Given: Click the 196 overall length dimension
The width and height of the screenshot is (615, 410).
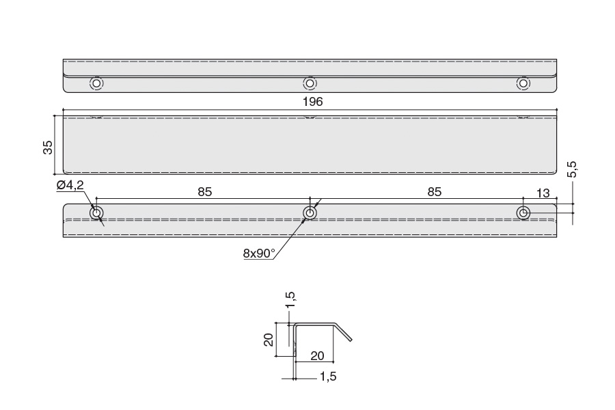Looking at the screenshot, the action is pyautogui.click(x=312, y=102).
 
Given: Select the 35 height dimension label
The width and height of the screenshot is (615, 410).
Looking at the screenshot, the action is pyautogui.click(x=47, y=147).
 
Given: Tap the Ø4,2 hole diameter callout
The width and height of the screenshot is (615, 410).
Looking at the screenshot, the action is pyautogui.click(x=70, y=185).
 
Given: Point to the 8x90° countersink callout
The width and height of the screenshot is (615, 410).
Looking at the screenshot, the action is pyautogui.click(x=259, y=254).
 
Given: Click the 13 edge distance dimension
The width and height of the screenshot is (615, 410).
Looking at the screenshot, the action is pyautogui.click(x=543, y=193).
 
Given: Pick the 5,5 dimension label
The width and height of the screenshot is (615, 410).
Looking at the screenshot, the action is pyautogui.click(x=572, y=169).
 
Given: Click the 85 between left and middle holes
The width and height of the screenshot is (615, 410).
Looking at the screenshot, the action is pyautogui.click(x=205, y=192).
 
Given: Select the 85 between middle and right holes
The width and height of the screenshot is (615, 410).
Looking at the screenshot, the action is pyautogui.click(x=435, y=192).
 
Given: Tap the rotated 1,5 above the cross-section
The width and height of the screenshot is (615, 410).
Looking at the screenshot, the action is pyautogui.click(x=290, y=300).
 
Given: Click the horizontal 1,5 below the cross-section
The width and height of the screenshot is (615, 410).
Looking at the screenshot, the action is pyautogui.click(x=328, y=377).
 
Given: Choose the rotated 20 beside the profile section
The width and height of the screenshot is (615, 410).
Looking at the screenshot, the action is pyautogui.click(x=269, y=340).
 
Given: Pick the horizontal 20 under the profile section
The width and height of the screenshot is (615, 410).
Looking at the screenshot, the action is pyautogui.click(x=317, y=356).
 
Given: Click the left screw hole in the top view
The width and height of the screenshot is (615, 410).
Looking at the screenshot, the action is pyautogui.click(x=96, y=83).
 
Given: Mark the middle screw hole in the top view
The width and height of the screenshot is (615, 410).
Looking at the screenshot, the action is pyautogui.click(x=310, y=83).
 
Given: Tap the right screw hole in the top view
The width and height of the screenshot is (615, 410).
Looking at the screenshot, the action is pyautogui.click(x=523, y=83).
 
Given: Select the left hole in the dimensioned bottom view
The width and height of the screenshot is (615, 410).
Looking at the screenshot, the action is pyautogui.click(x=96, y=213).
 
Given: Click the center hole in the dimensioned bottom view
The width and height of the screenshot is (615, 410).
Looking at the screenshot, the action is pyautogui.click(x=310, y=213).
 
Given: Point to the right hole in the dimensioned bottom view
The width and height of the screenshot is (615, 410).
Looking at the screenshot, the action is pyautogui.click(x=523, y=213).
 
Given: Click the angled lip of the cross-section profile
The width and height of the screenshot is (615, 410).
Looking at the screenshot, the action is pyautogui.click(x=343, y=332).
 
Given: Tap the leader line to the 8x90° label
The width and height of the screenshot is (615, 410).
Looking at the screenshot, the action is pyautogui.click(x=290, y=239).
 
